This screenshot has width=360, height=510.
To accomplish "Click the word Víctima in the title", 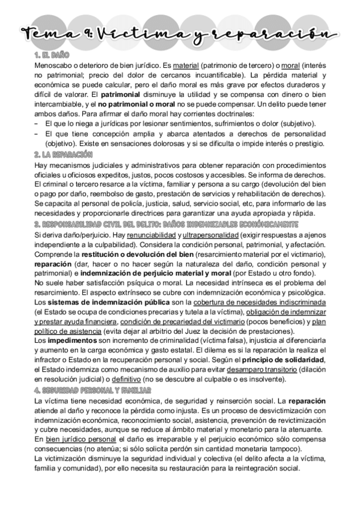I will pos(150,34).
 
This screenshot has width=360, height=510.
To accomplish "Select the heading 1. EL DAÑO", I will pos(53,55).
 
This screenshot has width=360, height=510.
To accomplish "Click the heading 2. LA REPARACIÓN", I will pos(64,155).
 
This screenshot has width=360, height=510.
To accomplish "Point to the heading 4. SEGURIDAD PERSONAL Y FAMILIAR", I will pos(93,390).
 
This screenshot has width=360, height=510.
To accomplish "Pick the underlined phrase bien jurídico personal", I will pos(81,439).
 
